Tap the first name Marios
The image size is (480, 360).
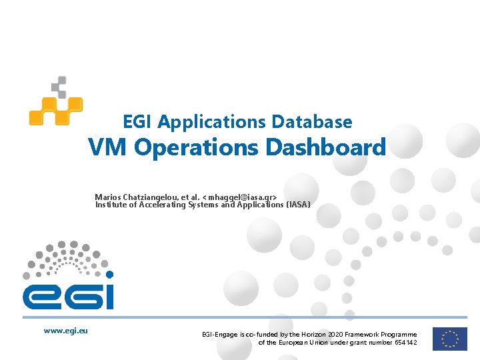point(108,197)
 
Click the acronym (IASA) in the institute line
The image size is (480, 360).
point(298,205)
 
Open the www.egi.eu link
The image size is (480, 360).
point(66,330)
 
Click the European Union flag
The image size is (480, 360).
point(449,338)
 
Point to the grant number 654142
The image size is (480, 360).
point(405,343)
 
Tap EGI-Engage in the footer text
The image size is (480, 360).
point(218,335)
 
